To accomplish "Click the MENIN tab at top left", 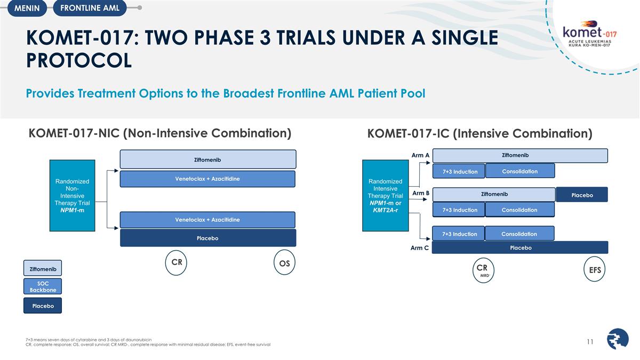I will pyautogui.click(x=27, y=8).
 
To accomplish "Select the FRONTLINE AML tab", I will pyautogui.click(x=86, y=8).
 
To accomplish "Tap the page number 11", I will pyautogui.click(x=590, y=342).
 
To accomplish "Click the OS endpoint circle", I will pyautogui.click(x=284, y=263).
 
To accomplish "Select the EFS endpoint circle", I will pyautogui.click(x=595, y=270).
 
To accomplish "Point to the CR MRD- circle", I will pyautogui.click(x=482, y=270).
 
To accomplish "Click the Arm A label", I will pyautogui.click(x=420, y=155).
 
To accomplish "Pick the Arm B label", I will pyautogui.click(x=420, y=193).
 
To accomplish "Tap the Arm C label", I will pyautogui.click(x=419, y=248).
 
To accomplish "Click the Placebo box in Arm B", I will pyautogui.click(x=582, y=195).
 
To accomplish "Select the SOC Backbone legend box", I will pyautogui.click(x=43, y=286).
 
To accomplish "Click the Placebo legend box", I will pyautogui.click(x=43, y=306).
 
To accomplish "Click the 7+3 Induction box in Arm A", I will pyautogui.click(x=459, y=171).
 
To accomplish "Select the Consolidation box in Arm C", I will pyautogui.click(x=519, y=234).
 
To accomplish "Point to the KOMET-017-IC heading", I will pyautogui.click(x=479, y=133).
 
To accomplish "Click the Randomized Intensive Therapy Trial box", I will pyautogui.click(x=385, y=195).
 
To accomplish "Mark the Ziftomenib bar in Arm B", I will pyautogui.click(x=493, y=195).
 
